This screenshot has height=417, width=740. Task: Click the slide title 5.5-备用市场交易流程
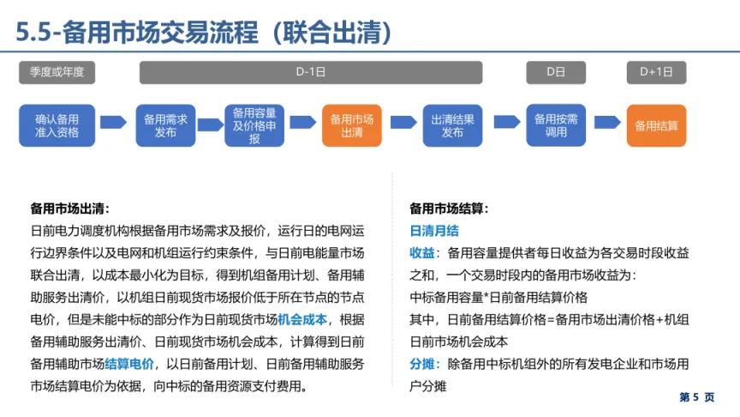pos(205,32)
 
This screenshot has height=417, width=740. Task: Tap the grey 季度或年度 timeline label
pos(57,72)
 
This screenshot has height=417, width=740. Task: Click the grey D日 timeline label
pos(556,72)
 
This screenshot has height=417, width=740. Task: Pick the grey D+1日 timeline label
pos(656,72)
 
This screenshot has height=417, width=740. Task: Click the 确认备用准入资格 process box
pos(57,125)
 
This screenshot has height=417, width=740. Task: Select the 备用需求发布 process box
pos(166,125)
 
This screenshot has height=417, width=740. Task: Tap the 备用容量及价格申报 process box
pos(254,125)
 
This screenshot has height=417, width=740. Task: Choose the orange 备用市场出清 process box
pos(352,125)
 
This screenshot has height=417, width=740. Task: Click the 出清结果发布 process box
pos(453,125)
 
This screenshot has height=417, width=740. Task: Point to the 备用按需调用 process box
pos(557,125)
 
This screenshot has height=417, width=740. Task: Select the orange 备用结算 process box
pos(656,125)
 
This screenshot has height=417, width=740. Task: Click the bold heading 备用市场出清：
pos(70,208)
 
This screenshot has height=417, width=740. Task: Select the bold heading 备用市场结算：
pos(449,208)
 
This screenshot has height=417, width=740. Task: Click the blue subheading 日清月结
pos(434,231)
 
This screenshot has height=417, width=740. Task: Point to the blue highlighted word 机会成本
pos(303,319)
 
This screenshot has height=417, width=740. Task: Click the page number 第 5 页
pos(696,397)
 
